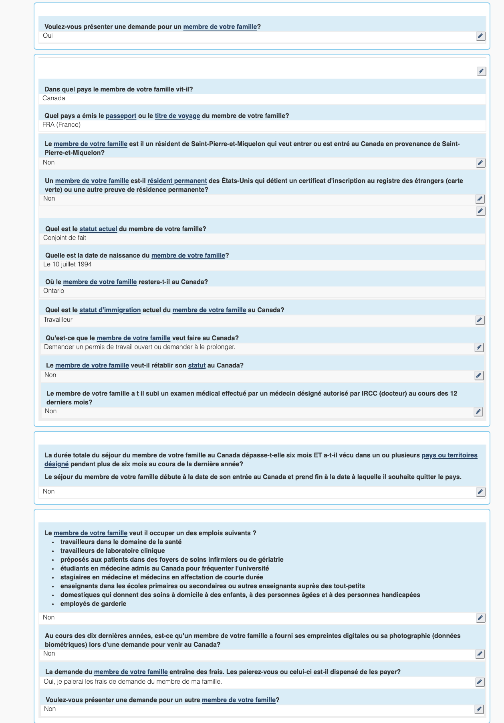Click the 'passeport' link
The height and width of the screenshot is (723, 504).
121,116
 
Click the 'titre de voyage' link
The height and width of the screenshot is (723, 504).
177,116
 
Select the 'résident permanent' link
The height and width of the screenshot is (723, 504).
177,181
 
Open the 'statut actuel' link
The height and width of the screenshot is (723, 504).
98,229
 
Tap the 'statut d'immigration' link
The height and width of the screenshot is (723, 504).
110,310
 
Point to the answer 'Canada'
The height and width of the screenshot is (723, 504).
54,98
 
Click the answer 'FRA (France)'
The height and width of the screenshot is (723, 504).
61,125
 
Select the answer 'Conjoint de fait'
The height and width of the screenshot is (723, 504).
65,238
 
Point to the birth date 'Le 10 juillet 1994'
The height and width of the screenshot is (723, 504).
67,264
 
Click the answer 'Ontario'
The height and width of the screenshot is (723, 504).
54,291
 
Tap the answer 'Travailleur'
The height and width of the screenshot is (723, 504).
58,320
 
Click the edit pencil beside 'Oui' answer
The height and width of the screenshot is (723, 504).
480,36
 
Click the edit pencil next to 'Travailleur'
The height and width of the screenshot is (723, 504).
480,320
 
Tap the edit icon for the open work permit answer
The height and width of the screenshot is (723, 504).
479,347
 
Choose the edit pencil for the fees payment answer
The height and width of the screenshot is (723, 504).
480,682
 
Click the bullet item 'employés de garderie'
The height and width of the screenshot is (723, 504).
93,604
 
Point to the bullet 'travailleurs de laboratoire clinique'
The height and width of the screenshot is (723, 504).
113,551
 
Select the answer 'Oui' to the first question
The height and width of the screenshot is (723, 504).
48,36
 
